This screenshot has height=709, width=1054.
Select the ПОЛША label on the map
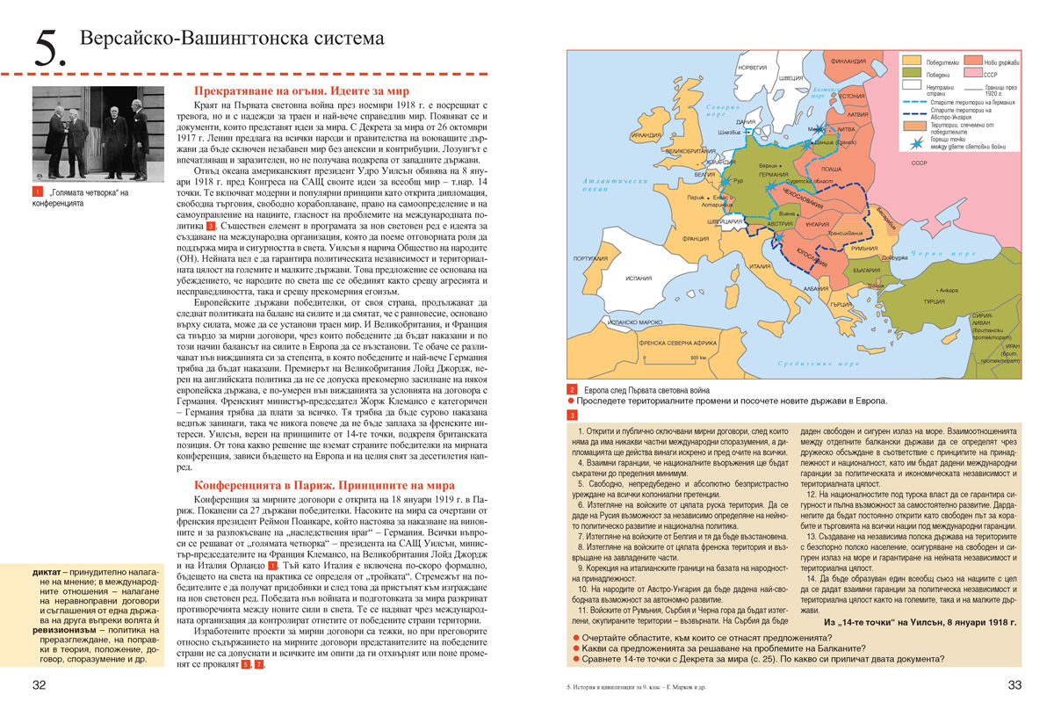tap(830, 168)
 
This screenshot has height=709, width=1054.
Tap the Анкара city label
tap(948, 290)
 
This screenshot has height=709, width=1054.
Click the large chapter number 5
tap(49, 51)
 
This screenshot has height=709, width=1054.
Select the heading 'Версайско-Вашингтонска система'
tap(232, 40)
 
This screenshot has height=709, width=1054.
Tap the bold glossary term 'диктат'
tap(47, 574)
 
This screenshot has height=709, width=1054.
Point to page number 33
tap(1014, 685)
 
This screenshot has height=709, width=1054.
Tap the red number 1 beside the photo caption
tap(38, 192)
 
